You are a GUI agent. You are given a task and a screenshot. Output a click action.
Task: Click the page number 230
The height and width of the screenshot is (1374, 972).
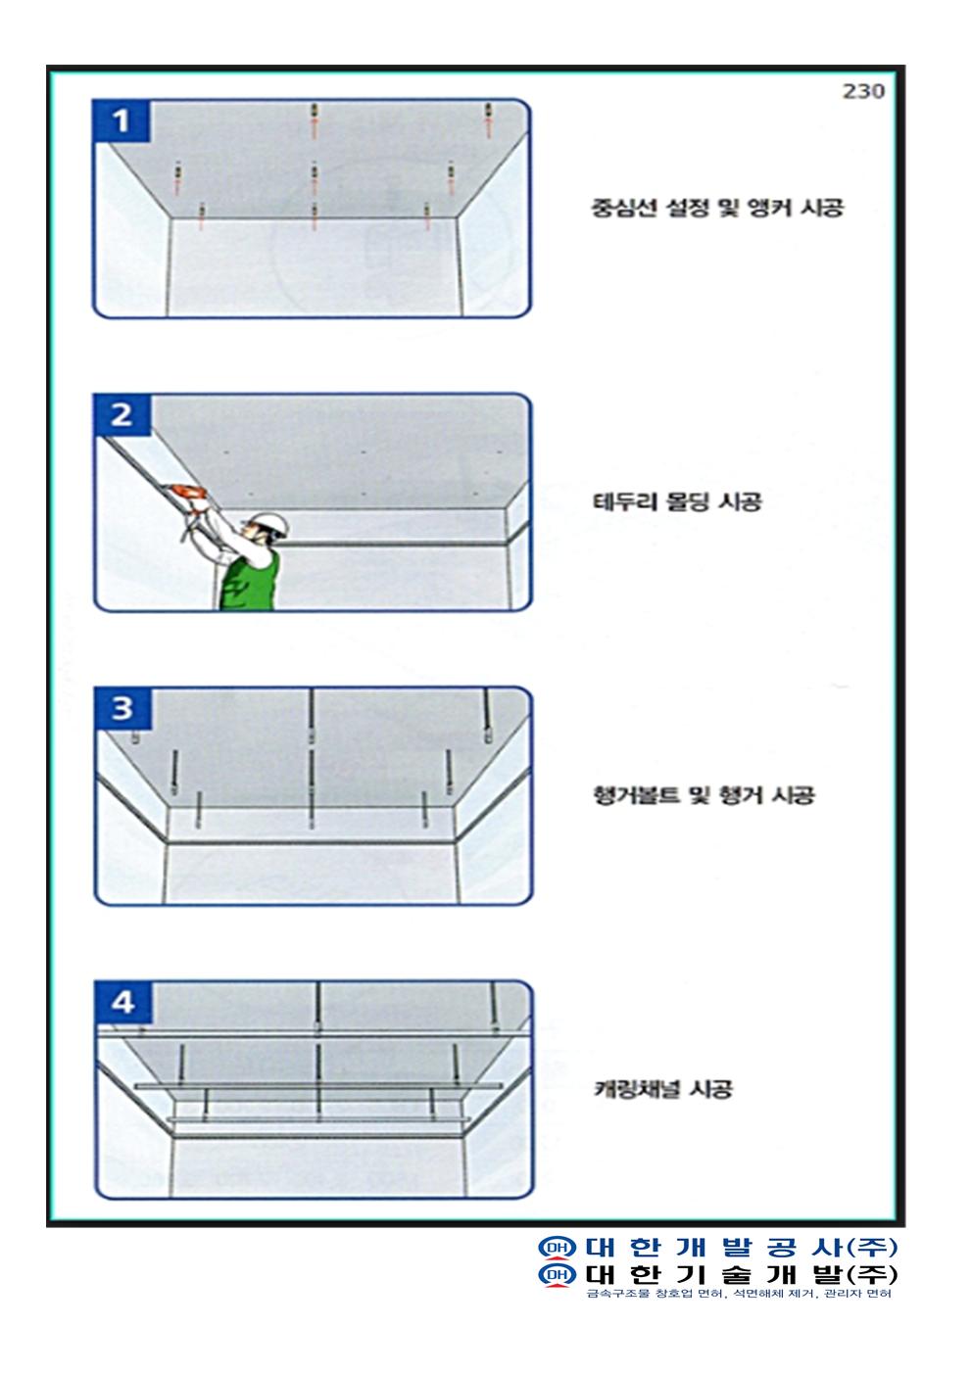click(863, 91)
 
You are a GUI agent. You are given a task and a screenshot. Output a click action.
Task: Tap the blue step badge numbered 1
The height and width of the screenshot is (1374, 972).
click(121, 120)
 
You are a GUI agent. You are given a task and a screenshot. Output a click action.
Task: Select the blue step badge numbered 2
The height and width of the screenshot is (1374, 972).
click(122, 415)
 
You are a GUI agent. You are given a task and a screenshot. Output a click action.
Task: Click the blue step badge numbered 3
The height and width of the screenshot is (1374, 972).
click(122, 708)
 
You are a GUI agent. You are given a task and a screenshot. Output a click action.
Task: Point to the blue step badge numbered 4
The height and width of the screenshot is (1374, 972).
click(123, 1002)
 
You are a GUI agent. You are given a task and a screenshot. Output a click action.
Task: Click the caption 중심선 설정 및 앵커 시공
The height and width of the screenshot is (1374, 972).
click(716, 208)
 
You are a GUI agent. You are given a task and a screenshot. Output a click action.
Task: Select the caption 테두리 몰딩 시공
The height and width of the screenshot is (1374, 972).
click(677, 501)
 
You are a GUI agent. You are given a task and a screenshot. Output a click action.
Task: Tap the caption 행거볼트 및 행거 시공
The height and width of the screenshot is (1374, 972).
click(704, 795)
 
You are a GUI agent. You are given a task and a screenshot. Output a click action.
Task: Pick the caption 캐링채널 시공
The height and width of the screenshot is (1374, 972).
click(663, 1089)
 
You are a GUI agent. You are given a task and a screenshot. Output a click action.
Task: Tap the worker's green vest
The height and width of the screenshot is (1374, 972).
click(249, 582)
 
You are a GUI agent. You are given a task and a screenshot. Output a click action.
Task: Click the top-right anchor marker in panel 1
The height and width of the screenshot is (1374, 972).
click(489, 119)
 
